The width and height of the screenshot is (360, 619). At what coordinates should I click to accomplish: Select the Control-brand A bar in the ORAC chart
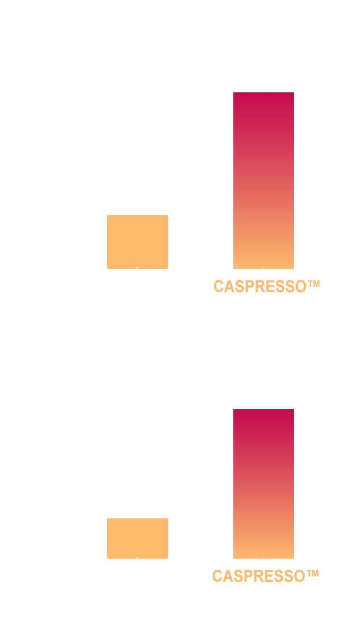(137, 242)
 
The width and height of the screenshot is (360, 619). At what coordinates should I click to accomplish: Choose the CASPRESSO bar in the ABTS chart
(263, 484)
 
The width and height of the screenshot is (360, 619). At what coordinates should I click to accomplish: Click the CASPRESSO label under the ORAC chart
(267, 286)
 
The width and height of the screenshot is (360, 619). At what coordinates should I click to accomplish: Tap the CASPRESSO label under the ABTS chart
(265, 576)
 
